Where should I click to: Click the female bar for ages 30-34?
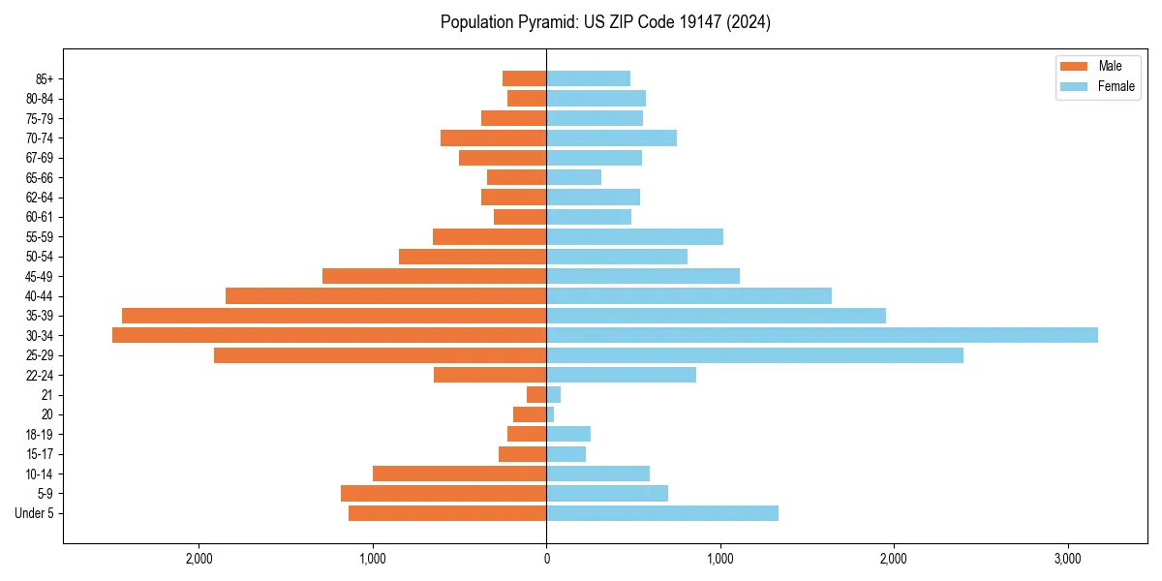822,335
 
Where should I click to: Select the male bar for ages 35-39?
334,316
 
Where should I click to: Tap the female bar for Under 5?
662,513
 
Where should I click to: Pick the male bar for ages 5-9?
443,494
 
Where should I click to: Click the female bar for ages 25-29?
755,355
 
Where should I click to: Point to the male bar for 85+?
525,78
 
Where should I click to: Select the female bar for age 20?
550,414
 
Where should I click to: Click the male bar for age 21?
536,395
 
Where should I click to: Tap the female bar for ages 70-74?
612,138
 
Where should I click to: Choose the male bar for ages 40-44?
386,295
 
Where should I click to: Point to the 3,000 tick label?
1067,559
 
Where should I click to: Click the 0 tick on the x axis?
546,559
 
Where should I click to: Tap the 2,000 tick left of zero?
199,559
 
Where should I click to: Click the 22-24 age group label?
40,375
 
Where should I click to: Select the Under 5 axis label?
34,513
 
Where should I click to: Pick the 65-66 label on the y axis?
40,177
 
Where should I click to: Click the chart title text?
605,22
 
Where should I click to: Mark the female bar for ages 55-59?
634,236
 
